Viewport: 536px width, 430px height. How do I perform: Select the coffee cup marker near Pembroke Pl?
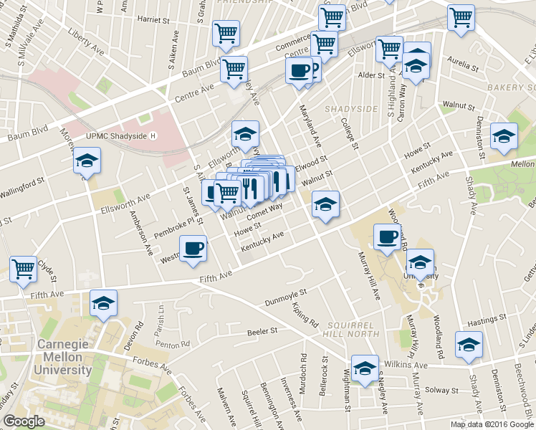tap(193, 249)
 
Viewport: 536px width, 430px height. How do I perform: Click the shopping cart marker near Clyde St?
tap(24, 269)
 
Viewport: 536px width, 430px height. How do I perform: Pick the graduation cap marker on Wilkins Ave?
tap(365, 369)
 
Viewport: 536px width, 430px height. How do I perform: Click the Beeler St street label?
tap(262, 331)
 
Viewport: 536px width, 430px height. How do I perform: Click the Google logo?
tap(24, 421)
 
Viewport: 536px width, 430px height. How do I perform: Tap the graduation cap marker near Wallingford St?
tap(87, 162)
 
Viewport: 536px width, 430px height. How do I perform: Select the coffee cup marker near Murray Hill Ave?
tap(388, 238)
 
